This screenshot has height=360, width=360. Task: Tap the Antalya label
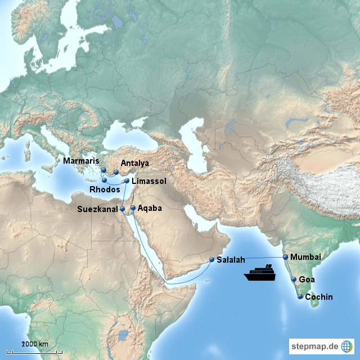(x=134, y=163)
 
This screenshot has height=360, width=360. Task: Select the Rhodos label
(x=105, y=190)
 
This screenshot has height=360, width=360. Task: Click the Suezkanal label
(x=98, y=209)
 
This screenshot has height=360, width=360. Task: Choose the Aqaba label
(x=150, y=208)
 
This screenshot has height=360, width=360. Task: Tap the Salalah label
(x=231, y=260)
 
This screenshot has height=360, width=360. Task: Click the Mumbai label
(x=306, y=256)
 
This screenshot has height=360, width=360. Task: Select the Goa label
(x=307, y=279)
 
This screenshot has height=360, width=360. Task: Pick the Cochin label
(x=319, y=296)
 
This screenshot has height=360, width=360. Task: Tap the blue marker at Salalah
(x=211, y=260)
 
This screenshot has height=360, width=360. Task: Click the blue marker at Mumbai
(x=286, y=257)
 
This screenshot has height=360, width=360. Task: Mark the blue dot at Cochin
(x=300, y=296)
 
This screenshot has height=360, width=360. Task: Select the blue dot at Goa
(x=294, y=279)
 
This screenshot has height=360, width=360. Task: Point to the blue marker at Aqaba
(x=133, y=208)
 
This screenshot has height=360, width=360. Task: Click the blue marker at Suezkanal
(x=122, y=209)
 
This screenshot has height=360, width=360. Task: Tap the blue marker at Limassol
(x=127, y=181)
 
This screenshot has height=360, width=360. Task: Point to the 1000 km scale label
(x=35, y=344)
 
